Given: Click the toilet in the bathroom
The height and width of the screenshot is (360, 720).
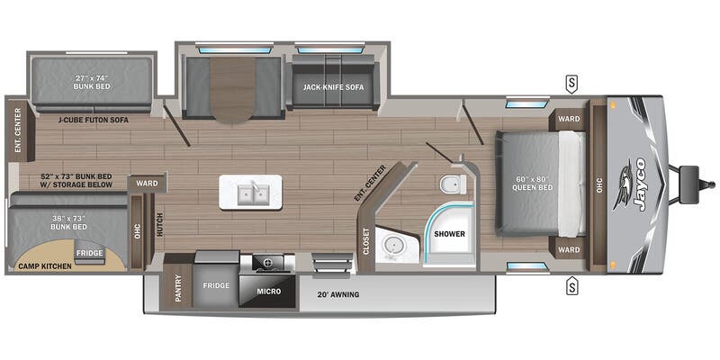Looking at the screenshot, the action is (453, 184).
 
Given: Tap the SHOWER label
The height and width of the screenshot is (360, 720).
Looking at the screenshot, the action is (450, 234).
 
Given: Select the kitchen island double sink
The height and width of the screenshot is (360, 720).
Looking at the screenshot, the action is (251, 193).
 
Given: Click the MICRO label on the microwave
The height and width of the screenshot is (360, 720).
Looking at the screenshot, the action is (269, 292).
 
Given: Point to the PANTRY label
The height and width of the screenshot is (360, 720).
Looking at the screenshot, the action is (178, 288).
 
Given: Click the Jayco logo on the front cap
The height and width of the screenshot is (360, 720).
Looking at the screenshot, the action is (632, 184).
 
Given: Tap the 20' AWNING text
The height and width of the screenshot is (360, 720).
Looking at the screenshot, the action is (338, 294).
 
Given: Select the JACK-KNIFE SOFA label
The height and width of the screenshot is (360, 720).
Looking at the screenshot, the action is (333, 86).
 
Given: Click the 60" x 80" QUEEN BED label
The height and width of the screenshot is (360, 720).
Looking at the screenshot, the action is (533, 184).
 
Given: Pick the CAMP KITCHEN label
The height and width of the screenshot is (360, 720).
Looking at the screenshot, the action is (44, 266).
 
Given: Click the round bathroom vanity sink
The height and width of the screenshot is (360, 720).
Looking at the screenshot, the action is (392, 245).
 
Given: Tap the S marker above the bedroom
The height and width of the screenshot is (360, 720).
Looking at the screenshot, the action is (571, 84).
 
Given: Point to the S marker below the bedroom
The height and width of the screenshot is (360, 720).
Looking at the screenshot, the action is (571, 287).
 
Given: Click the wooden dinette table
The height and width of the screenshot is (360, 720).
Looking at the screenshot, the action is (232, 90).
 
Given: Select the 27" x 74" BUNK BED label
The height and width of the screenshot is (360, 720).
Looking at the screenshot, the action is (93, 82).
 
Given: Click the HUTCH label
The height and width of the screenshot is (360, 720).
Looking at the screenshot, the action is (159, 225).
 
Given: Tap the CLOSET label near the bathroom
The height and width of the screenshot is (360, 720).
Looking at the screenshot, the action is (366, 241).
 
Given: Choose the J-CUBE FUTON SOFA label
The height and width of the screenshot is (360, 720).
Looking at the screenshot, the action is (94, 120).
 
